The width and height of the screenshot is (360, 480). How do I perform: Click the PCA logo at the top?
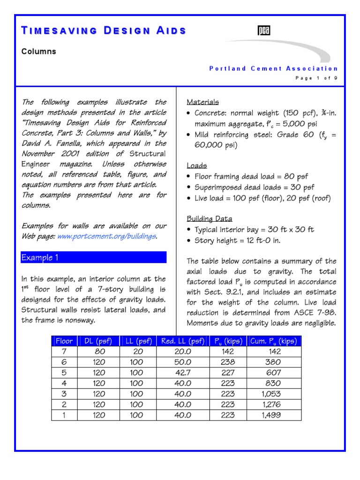pos(264,31)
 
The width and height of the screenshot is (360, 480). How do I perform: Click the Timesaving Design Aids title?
pos(104,31)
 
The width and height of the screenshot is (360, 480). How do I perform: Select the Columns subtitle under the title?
pos(38,52)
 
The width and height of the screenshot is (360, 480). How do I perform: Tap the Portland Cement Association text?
pos(273,68)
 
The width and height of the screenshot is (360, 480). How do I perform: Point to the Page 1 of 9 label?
pos(316,78)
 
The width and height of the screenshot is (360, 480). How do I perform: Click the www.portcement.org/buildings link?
pos(106,236)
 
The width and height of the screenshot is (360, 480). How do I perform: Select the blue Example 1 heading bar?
pos(94,257)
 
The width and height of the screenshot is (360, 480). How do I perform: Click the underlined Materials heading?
pos(202,102)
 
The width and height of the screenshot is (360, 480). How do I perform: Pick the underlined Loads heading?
pos(197,165)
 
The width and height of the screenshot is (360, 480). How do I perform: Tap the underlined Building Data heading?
pos(209,219)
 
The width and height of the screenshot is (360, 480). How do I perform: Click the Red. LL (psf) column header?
pos(182,341)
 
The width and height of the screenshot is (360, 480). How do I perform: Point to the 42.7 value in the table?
pos(182,373)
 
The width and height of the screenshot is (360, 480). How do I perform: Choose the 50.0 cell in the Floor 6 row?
pos(182,362)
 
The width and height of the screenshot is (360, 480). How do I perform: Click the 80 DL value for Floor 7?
pos(98,352)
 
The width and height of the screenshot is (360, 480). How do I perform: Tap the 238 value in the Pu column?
pos(227,362)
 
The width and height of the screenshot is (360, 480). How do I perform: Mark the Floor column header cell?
pos(65,341)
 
